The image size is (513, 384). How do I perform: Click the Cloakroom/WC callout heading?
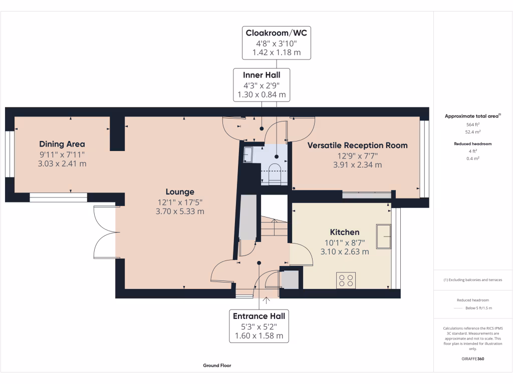tap(276, 33)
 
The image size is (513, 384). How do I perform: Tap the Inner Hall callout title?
tap(262, 75)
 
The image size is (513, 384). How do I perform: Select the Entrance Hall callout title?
tap(259, 316)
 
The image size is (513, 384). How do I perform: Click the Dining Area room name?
tap(62, 144)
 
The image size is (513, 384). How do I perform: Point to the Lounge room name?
tap(180, 191)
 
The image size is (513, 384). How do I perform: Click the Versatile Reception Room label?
tap(357, 145)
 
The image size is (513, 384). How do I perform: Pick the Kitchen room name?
tap(345, 232)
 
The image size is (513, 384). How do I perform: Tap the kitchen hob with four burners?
tap(346, 280)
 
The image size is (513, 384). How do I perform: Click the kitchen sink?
tap(385, 236)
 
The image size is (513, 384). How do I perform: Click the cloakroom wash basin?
tap(249, 155)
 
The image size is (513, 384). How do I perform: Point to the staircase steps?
tap(274, 227)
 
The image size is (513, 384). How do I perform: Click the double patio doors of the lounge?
tap(105, 232)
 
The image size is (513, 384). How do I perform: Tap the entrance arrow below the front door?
tap(265, 300)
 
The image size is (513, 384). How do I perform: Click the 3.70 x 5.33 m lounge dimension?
tap(180, 211)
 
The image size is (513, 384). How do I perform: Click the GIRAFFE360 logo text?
tap(472, 359)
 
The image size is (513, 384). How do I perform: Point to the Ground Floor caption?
tap(217, 365)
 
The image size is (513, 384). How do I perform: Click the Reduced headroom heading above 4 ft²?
tap(472, 143)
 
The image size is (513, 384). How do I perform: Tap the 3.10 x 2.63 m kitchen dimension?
tap(345, 251)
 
